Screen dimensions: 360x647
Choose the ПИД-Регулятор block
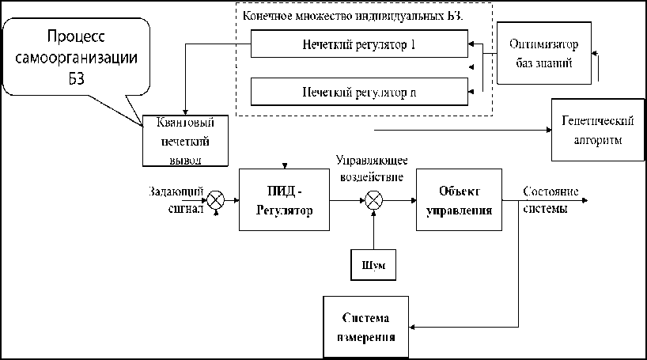point(284,200)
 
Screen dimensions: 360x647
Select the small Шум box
point(373,263)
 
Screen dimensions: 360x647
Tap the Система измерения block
point(369,325)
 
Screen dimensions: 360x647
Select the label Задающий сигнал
point(176,201)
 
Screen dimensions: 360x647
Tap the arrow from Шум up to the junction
point(372,229)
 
